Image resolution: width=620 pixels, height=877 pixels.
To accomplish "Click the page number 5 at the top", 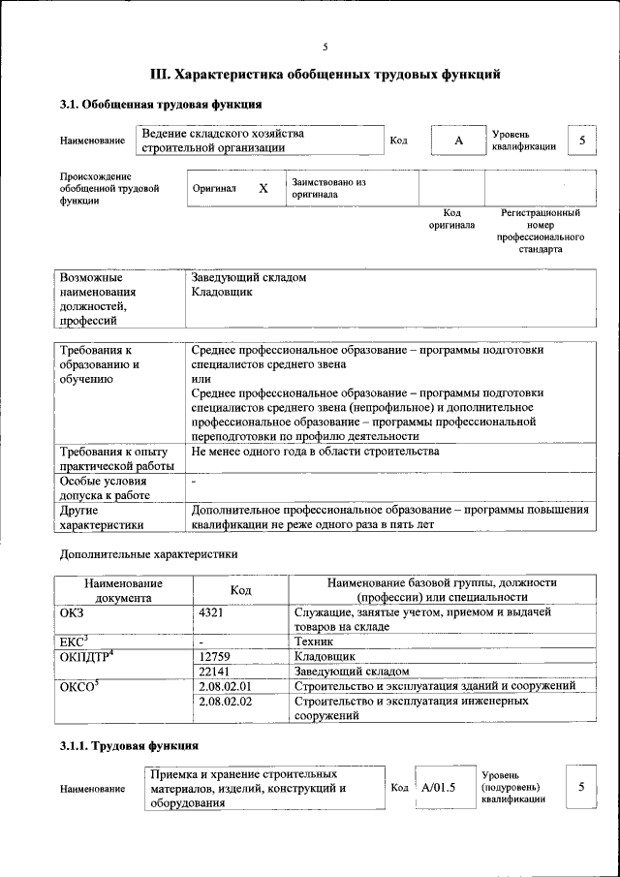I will click(x=325, y=47).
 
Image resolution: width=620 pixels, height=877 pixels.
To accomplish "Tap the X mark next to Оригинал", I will click(x=263, y=188).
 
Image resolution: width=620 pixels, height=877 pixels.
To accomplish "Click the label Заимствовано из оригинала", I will click(x=328, y=188).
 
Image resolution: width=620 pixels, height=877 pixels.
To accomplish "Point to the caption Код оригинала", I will click(x=451, y=218).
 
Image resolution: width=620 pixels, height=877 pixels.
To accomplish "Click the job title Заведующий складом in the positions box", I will click(x=249, y=277).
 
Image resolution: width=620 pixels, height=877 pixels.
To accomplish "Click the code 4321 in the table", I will click(x=211, y=612).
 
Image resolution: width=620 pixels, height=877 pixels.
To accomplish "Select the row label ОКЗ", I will click(x=73, y=612).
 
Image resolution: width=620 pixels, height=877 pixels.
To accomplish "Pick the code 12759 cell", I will click(x=215, y=656).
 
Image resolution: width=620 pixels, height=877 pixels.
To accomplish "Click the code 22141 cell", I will click(x=215, y=671).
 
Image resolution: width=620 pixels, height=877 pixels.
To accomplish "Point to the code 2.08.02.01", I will click(x=224, y=685).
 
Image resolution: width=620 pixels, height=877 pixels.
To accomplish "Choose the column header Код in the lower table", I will click(x=240, y=590).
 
